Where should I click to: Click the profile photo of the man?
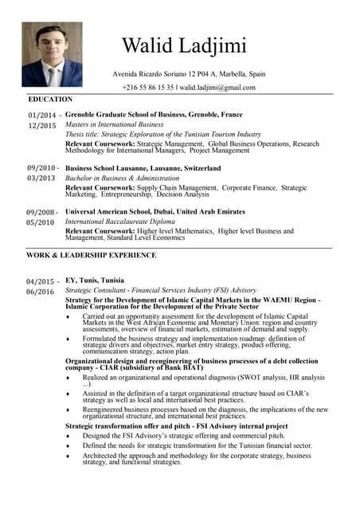tap(52, 53)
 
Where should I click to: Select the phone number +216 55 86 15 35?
tap(148, 87)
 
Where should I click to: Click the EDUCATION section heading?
tap(49, 100)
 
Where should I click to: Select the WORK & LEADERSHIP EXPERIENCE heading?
tap(91, 255)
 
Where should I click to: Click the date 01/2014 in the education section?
tap(41, 116)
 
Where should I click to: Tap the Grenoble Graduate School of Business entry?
tap(154, 115)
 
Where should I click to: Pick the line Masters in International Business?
tap(114, 125)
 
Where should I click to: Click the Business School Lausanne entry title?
tap(143, 169)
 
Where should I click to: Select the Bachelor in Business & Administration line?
tap(122, 178)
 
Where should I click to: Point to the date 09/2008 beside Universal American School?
tap(41, 213)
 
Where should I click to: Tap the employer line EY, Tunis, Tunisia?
tap(94, 280)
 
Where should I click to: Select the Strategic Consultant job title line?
tap(160, 291)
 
